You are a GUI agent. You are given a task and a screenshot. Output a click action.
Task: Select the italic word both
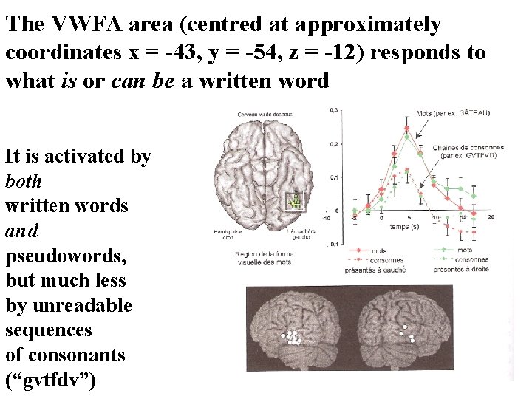pos(24,181)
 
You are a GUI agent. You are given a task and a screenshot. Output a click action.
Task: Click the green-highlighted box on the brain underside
pos(295,200)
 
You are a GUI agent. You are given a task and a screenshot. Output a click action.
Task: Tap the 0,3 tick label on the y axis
pos(334,110)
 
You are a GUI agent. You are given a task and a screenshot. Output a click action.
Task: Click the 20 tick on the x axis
pos(491,217)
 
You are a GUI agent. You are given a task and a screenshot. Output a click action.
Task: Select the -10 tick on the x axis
pos(326,219)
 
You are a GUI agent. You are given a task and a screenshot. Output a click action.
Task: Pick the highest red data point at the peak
pos(406,129)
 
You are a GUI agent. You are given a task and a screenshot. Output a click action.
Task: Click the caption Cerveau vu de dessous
pos(265,115)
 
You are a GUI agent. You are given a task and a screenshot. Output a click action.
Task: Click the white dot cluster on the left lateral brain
pos(293,339)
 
